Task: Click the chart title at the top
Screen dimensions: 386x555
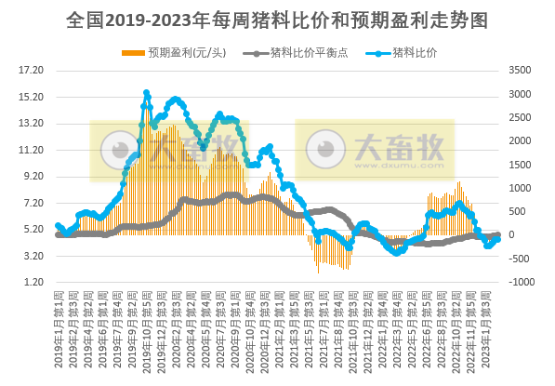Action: (x=277, y=18)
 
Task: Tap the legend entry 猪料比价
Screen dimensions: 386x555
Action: (x=415, y=52)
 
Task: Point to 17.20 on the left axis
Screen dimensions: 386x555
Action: (x=32, y=71)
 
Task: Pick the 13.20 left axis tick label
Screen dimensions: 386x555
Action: (x=32, y=123)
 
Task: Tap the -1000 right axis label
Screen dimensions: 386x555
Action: (x=521, y=282)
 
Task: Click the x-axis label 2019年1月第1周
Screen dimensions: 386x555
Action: (x=60, y=330)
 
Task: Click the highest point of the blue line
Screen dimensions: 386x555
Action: (x=147, y=93)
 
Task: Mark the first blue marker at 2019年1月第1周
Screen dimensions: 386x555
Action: (x=58, y=225)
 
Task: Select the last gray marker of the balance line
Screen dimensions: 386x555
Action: (x=498, y=235)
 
